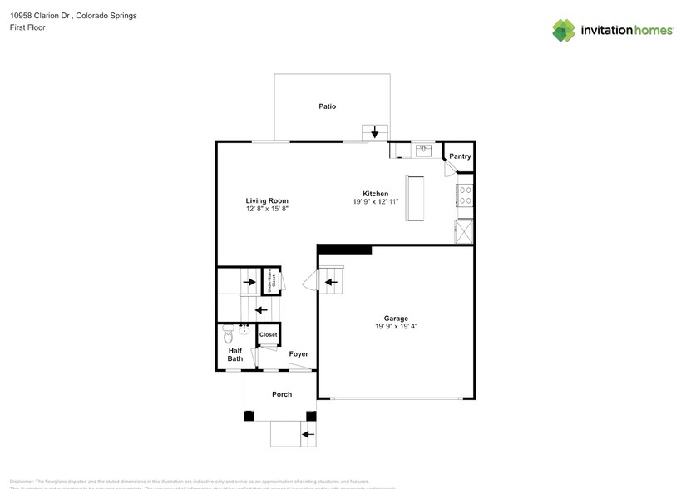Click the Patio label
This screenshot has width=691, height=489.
(327, 106)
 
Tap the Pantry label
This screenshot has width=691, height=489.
(460, 156)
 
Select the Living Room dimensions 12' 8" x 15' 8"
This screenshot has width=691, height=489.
(267, 210)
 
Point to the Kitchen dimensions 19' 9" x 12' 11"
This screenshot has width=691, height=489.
(376, 202)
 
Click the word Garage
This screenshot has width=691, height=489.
(395, 319)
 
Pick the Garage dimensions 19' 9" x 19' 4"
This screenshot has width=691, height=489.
(395, 327)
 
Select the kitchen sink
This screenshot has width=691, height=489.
(423, 151)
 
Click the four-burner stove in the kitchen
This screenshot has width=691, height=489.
(465, 195)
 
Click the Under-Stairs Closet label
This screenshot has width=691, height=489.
(272, 280)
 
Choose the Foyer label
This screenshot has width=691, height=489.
(298, 354)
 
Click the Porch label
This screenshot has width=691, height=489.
(282, 394)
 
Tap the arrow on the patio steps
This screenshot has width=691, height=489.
(374, 132)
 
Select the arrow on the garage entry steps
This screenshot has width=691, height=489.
(330, 283)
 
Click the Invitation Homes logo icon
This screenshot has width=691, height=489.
(564, 30)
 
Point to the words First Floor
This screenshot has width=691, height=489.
(27, 27)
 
